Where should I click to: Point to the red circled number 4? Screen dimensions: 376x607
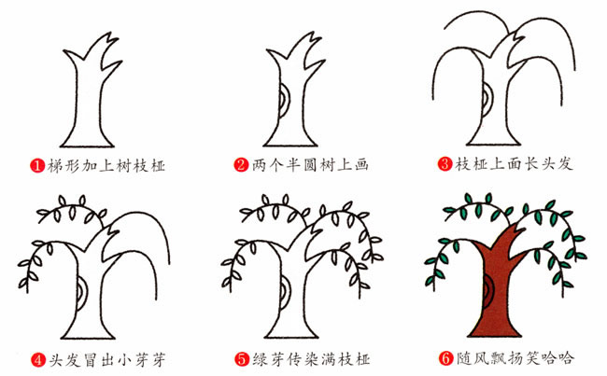pyautogui.click(x=37, y=357)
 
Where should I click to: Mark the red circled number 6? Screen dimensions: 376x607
pyautogui.click(x=445, y=357)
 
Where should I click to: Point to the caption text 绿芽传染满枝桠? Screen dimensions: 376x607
pyautogui.click(x=308, y=357)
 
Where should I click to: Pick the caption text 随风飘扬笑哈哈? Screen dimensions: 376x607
pyautogui.click(x=512, y=357)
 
